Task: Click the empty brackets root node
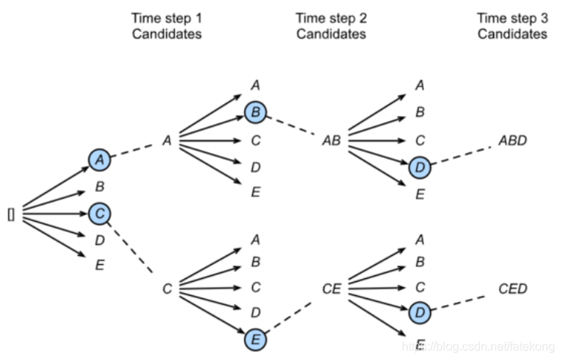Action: tap(11, 215)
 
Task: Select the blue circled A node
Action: tap(99, 158)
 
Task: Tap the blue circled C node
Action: tap(99, 214)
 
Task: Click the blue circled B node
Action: tap(255, 113)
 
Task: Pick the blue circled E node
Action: tap(255, 339)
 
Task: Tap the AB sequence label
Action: tap(331, 141)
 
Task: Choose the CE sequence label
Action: tap(331, 288)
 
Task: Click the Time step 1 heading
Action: tap(166, 25)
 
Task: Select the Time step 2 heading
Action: tap(330, 25)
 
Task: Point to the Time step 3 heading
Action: tap(513, 25)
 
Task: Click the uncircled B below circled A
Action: tap(99, 187)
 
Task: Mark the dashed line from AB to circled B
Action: tap(293, 126)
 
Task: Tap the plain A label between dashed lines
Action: tap(167, 141)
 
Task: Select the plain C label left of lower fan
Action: tap(167, 288)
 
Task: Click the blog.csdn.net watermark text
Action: tap(480, 347)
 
